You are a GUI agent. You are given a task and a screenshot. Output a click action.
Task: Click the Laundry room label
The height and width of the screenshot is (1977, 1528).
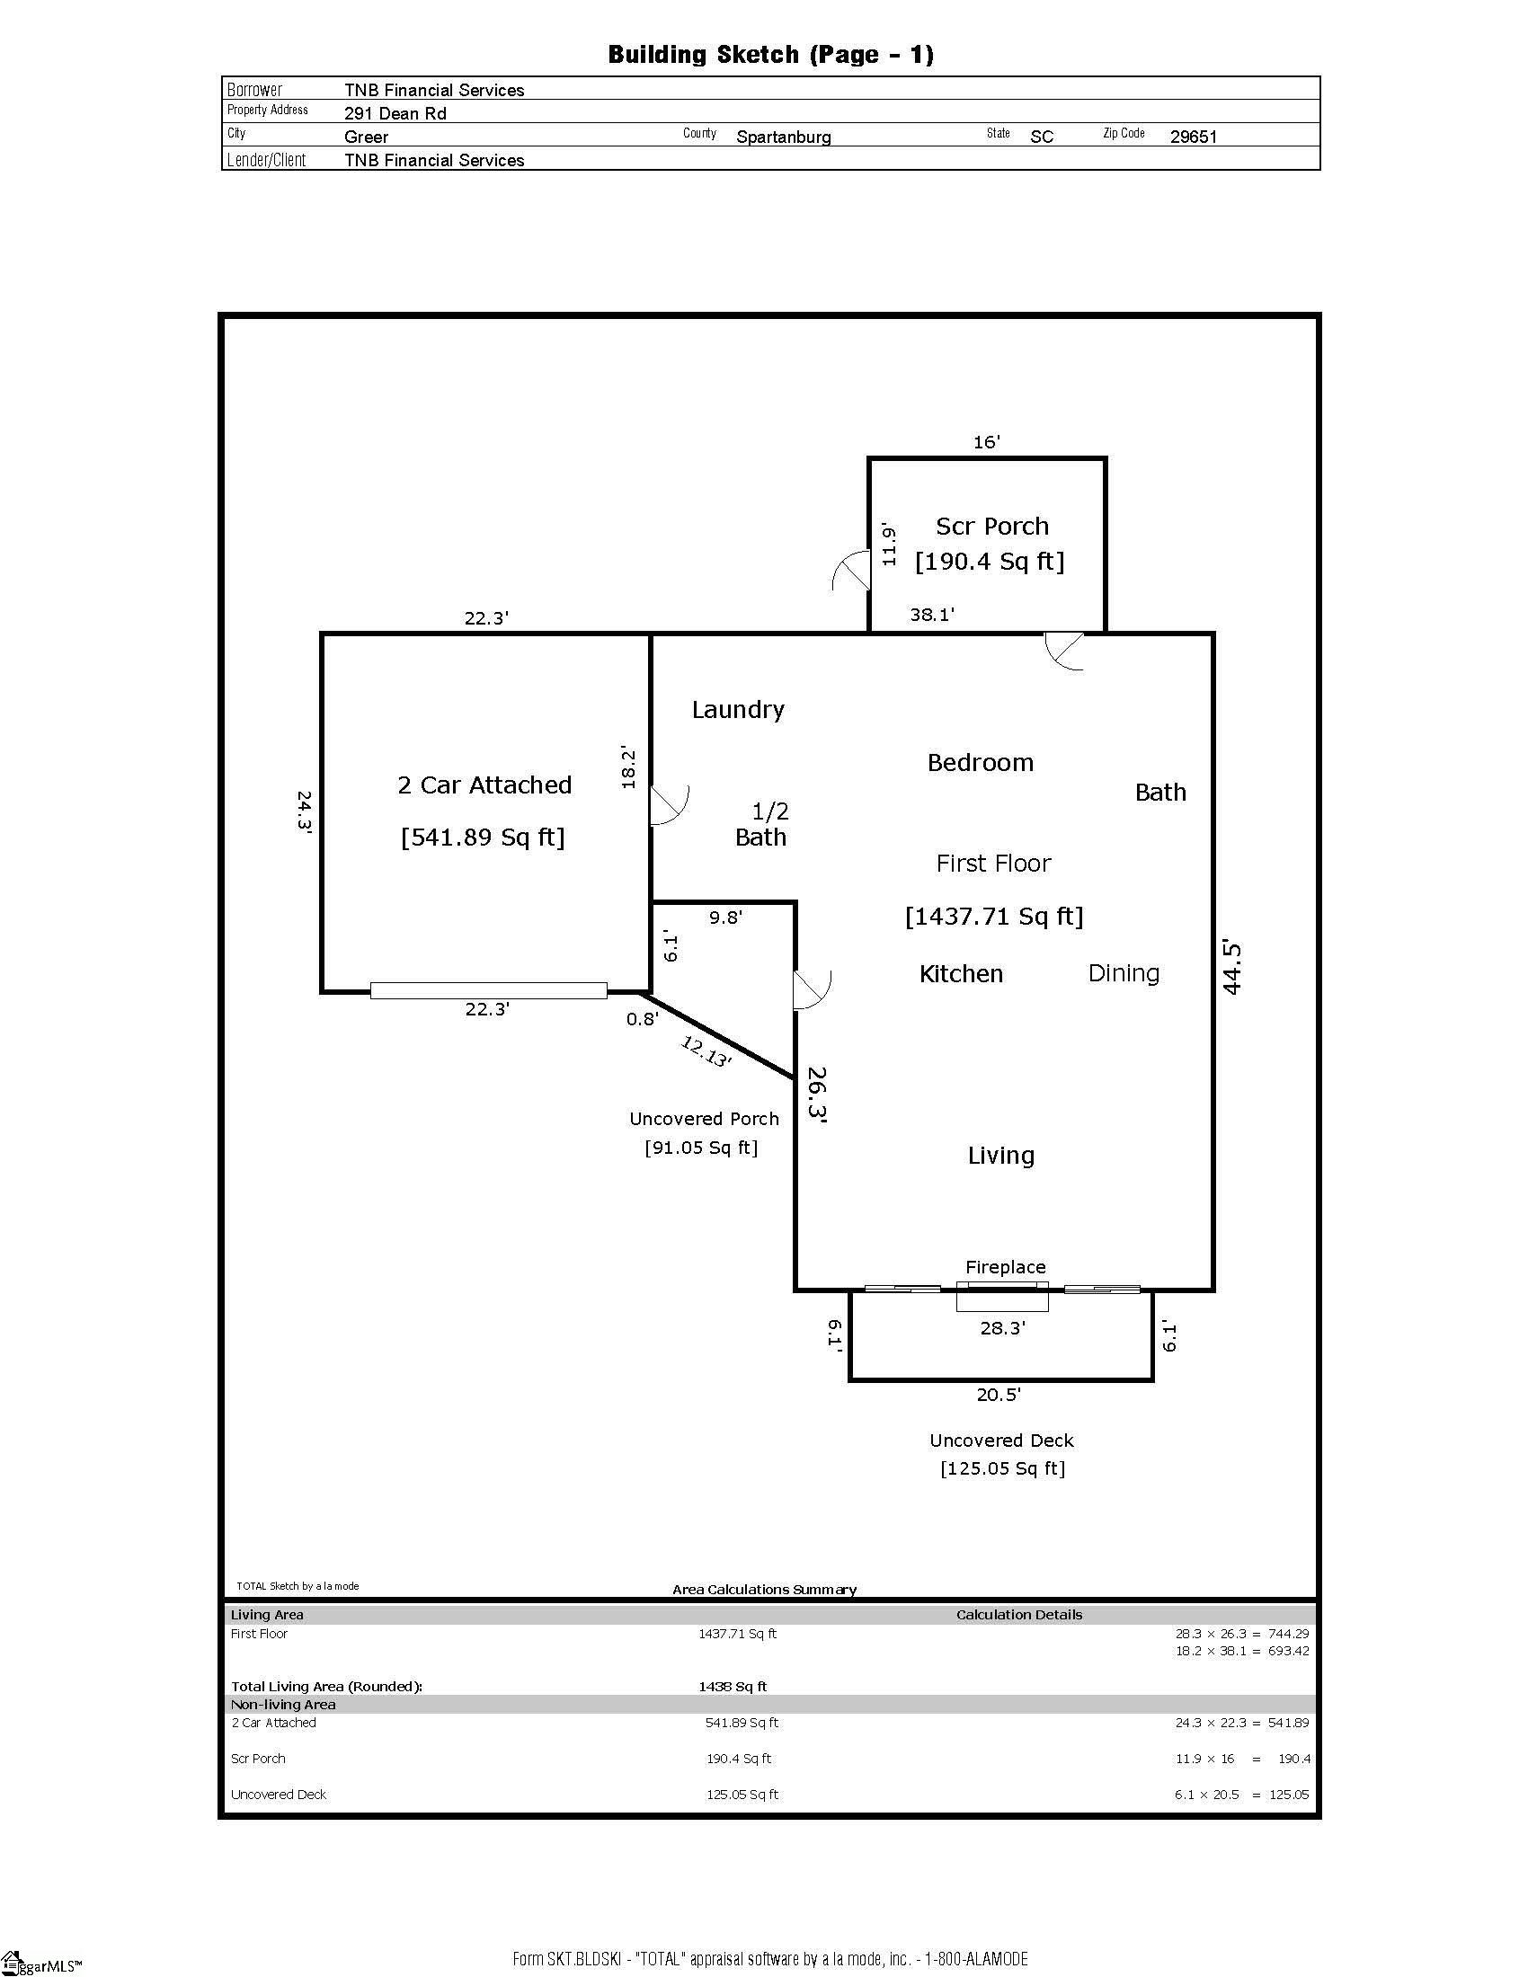738,711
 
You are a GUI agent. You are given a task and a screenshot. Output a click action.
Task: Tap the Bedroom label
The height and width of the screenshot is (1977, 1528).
981,763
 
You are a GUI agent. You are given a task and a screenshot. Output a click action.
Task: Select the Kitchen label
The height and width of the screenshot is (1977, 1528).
962,974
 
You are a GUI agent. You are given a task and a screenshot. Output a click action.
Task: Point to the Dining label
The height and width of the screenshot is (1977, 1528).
1124,974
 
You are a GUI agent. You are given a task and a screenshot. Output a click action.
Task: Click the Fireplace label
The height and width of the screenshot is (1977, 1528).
1005,1267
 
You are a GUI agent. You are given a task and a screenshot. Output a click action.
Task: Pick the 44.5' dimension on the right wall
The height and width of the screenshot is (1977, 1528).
1232,968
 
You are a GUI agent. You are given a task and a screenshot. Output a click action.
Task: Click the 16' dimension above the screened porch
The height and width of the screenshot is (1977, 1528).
986,442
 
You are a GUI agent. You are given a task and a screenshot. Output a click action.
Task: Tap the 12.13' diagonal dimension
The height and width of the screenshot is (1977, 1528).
706,1052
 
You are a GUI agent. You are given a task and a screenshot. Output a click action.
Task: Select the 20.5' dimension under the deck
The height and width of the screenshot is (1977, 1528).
999,1395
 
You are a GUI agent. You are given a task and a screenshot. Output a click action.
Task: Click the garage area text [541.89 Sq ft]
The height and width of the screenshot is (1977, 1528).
483,838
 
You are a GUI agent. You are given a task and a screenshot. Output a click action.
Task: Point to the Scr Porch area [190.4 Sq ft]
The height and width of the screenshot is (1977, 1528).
990,563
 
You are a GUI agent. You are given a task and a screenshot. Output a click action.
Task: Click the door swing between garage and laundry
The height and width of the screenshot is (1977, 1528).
670,806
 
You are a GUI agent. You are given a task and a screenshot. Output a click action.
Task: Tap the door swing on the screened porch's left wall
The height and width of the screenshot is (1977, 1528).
850,571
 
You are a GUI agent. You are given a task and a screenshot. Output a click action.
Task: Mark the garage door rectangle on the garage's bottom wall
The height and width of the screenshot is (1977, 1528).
489,991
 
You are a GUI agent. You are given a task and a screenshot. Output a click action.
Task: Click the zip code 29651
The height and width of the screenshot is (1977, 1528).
1193,137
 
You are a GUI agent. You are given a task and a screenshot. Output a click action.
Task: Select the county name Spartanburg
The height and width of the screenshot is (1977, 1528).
784,137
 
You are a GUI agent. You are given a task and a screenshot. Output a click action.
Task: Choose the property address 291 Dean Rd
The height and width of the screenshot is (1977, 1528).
395,114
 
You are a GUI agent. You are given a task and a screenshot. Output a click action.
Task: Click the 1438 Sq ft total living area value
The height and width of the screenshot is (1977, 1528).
733,1687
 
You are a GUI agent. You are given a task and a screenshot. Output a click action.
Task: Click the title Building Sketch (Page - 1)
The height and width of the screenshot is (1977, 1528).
770,55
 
